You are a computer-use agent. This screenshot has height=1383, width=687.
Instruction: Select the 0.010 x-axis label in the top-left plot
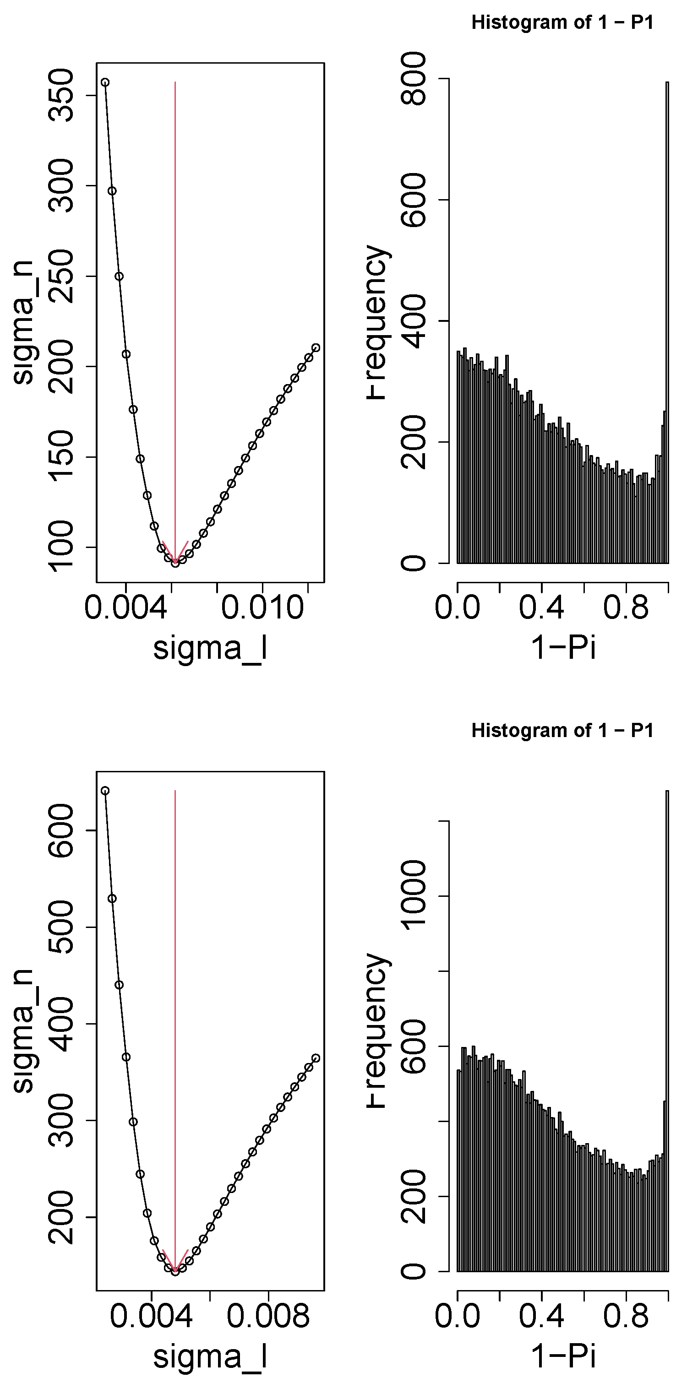(262, 608)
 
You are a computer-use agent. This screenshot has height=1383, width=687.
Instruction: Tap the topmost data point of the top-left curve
(105, 82)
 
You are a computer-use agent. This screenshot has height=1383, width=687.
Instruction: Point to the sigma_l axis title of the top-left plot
(210, 649)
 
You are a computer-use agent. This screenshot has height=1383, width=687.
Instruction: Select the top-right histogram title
(562, 22)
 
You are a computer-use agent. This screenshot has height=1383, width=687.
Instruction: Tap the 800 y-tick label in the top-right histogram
(414, 79)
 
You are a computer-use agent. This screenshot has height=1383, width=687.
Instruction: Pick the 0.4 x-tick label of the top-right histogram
(541, 608)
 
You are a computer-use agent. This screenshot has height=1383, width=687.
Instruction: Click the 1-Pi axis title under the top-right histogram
(563, 649)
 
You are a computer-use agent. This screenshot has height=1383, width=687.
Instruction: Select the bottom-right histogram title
(562, 731)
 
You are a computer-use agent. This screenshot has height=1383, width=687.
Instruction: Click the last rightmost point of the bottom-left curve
(316, 1058)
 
